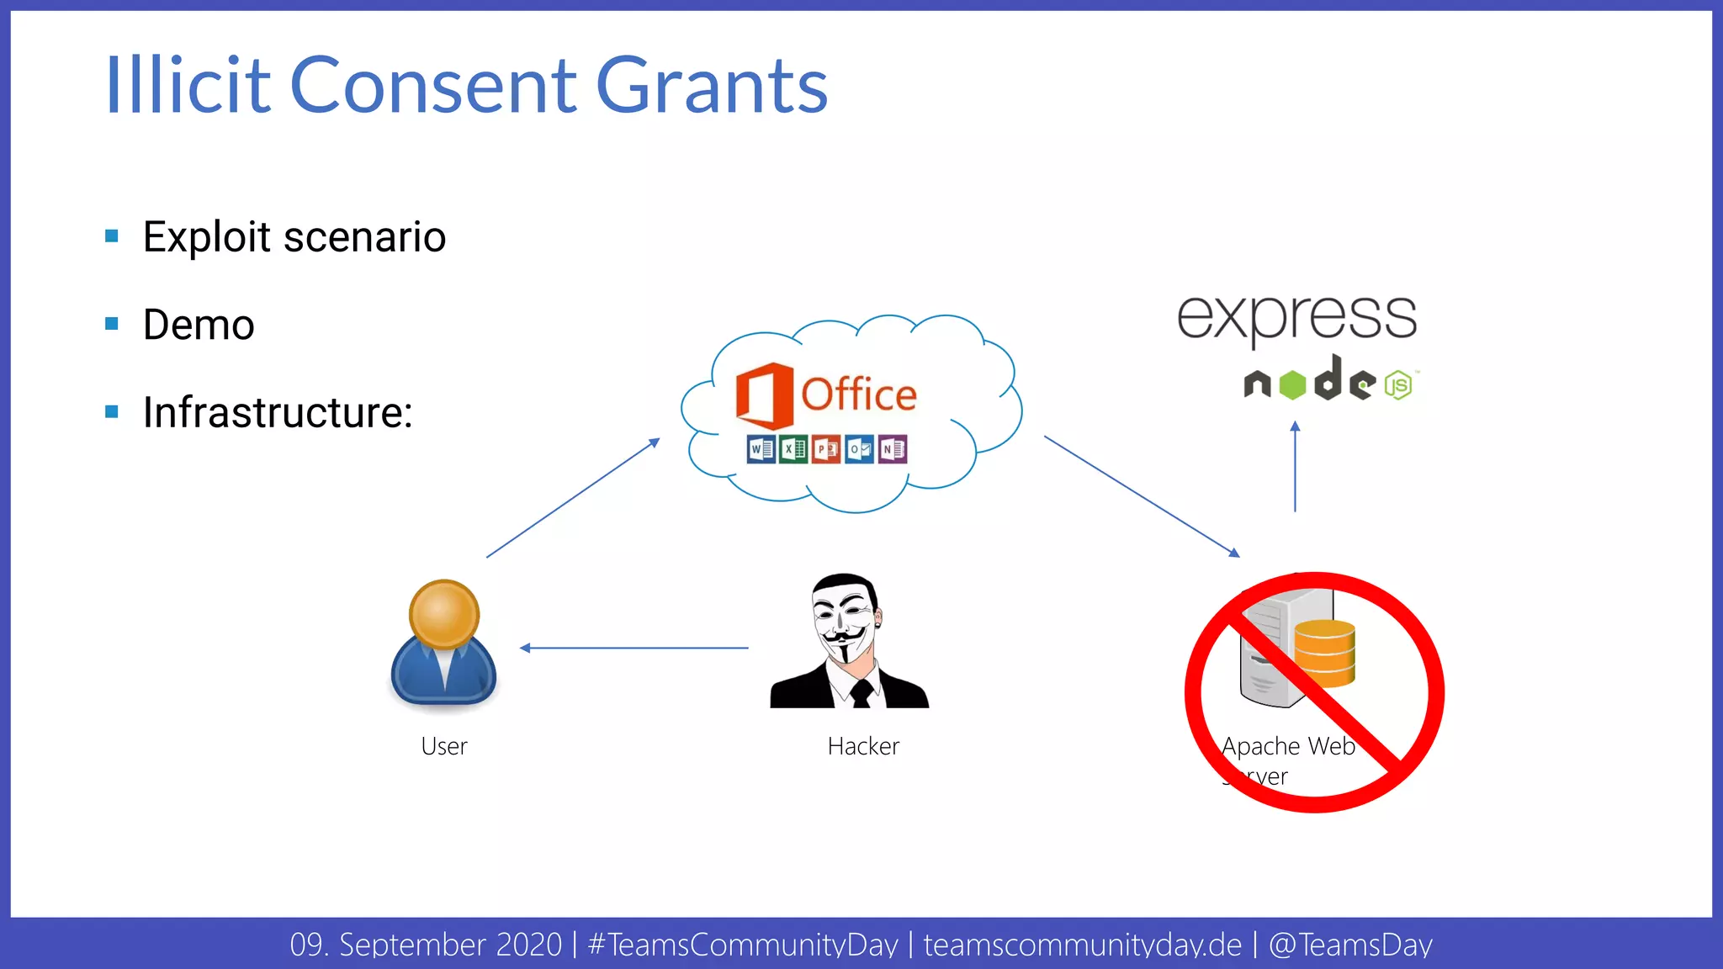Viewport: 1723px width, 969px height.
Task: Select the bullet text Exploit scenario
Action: pyautogui.click(x=294, y=236)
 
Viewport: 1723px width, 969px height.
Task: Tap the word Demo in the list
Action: pyautogui.click(x=199, y=325)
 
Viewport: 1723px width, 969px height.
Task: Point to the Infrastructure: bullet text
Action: pyautogui.click(x=278, y=412)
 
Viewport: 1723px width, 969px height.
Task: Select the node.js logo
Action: pyautogui.click(x=1329, y=381)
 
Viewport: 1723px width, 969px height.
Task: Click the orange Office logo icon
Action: pyautogui.click(x=764, y=394)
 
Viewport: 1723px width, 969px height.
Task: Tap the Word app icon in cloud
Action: pyautogui.click(x=761, y=449)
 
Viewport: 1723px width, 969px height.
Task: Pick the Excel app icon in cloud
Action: pyautogui.click(x=793, y=449)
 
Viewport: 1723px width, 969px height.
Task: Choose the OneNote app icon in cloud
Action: pyautogui.click(x=893, y=449)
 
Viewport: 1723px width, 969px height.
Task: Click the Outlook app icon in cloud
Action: pyautogui.click(x=859, y=449)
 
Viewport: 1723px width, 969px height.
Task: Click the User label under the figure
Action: pyautogui.click(x=443, y=746)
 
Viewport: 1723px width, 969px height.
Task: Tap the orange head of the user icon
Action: pyautogui.click(x=444, y=613)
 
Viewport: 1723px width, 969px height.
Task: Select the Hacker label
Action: pyautogui.click(x=863, y=746)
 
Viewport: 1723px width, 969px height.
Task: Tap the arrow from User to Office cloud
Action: pyautogui.click(x=572, y=498)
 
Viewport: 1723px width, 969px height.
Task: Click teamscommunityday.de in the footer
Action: pyautogui.click(x=1082, y=945)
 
